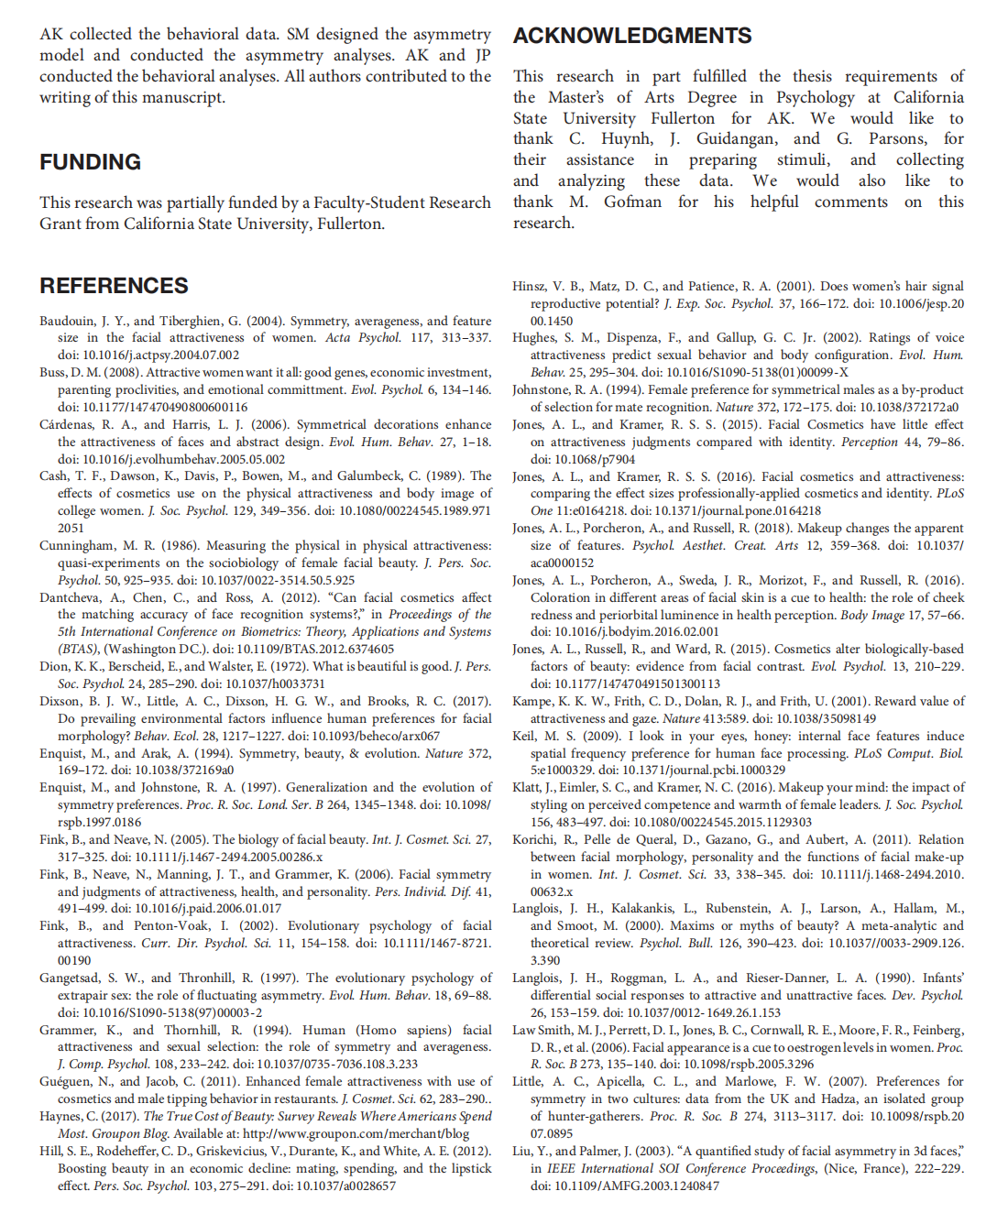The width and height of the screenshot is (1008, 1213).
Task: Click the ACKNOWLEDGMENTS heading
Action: tap(632, 36)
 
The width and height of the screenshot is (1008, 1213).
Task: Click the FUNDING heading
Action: tap(90, 162)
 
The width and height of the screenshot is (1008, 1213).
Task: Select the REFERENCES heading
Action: tap(114, 286)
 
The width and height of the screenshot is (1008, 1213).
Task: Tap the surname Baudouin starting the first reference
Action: tap(67, 321)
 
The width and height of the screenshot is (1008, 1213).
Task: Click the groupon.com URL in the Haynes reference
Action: tap(356, 1133)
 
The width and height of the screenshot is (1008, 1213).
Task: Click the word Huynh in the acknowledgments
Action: tap(627, 138)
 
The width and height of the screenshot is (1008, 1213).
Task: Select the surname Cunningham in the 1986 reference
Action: tap(75, 545)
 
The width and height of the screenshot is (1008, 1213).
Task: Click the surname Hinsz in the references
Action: tap(529, 286)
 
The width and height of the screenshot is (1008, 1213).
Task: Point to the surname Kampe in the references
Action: tap(531, 701)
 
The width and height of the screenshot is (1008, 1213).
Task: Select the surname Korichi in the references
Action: tap(534, 839)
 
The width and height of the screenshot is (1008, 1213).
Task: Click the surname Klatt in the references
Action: tap(527, 787)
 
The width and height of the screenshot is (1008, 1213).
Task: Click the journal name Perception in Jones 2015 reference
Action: tap(870, 442)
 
